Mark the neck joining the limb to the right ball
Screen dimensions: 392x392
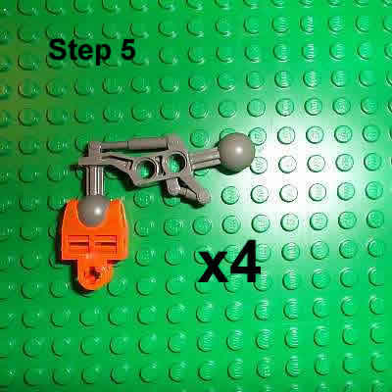[211, 157]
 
